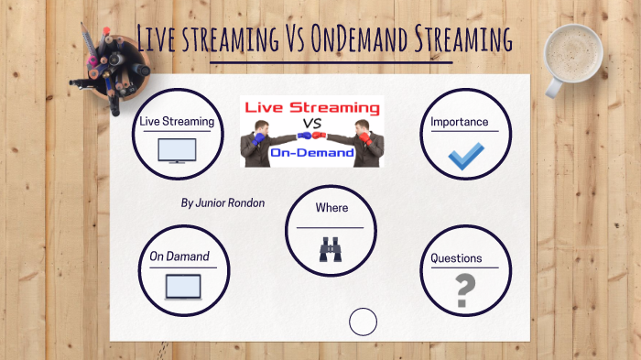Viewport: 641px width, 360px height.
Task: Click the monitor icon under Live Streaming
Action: pyautogui.click(x=177, y=150)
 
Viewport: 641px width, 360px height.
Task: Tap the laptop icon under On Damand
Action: pyautogui.click(x=182, y=288)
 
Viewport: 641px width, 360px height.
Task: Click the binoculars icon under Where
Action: pyautogui.click(x=331, y=249)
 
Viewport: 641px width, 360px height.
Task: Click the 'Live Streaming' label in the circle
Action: pyautogui.click(x=177, y=121)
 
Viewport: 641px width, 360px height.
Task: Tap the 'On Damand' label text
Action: pyautogui.click(x=179, y=256)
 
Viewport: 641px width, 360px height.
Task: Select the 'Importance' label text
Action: pyautogui.click(x=460, y=122)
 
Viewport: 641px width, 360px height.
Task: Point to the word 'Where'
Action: pyautogui.click(x=331, y=208)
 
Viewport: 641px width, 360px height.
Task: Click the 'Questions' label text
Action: pyautogui.click(x=456, y=258)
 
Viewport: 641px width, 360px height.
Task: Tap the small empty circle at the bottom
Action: pyautogui.click(x=364, y=322)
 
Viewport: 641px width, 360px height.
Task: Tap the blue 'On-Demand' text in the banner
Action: pyautogui.click(x=312, y=153)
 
